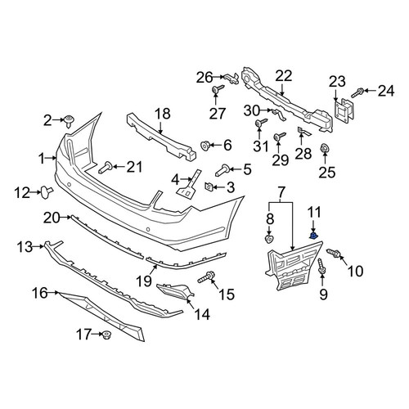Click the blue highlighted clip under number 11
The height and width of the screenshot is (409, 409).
coord(314,235)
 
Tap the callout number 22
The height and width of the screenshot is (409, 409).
coord(284,76)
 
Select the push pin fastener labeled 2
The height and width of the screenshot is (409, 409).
coord(69,122)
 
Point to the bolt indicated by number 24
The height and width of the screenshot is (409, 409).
coord(357,92)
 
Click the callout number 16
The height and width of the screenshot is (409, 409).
coord(40,294)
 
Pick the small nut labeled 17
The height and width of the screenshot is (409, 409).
coord(106,335)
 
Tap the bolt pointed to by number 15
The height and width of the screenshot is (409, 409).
coord(206,276)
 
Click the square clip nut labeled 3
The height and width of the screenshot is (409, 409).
coord(209,187)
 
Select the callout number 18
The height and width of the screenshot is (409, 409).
coord(163,114)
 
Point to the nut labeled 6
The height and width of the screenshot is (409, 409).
coord(205,146)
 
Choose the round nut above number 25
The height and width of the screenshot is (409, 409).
coord(325,150)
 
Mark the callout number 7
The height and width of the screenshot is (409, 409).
coord(281,192)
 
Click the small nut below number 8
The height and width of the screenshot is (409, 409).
coord(269,239)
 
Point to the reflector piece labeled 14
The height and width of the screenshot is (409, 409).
coord(176,291)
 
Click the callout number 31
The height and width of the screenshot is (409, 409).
coord(261,146)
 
